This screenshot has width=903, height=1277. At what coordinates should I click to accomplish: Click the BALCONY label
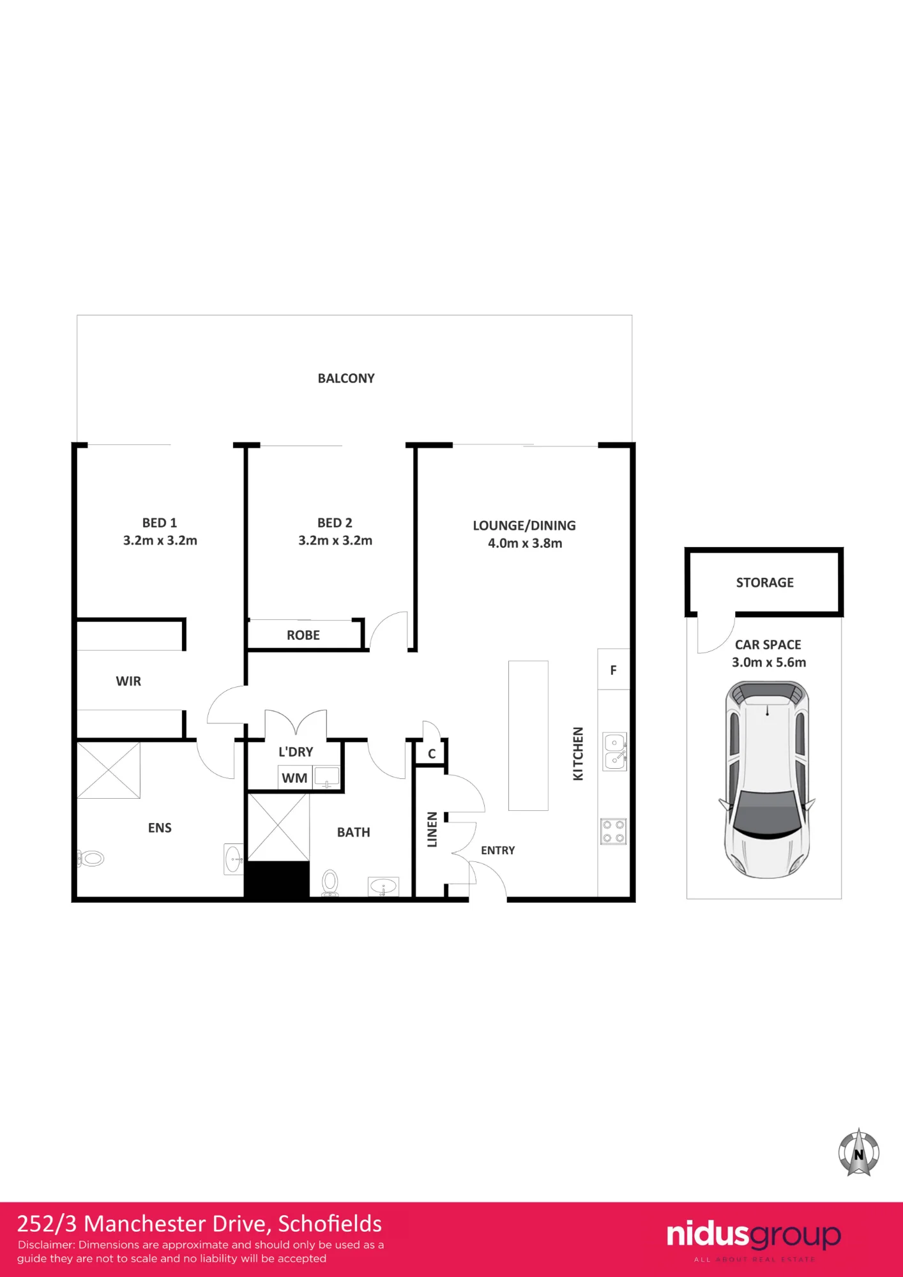tap(346, 379)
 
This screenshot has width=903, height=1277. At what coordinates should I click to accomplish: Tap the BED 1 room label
tap(160, 523)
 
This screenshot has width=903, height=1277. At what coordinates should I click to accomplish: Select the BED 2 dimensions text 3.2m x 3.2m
tap(335, 541)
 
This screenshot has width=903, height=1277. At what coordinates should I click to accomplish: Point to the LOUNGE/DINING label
tap(524, 525)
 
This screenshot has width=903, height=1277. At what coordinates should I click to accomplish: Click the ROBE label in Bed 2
tap(303, 635)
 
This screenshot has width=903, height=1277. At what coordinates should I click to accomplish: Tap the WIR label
tap(128, 681)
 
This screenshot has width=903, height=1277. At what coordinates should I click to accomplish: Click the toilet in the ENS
tap(91, 859)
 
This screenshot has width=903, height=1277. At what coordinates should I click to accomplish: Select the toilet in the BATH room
tap(330, 883)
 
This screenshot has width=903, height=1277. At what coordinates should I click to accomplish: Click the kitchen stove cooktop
tap(614, 831)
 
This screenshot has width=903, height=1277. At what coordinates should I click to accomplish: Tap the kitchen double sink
tap(615, 752)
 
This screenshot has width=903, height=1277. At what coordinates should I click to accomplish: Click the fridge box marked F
tap(614, 670)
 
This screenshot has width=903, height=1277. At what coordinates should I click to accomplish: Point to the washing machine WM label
tap(294, 778)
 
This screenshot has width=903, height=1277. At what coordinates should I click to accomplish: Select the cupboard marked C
tap(431, 753)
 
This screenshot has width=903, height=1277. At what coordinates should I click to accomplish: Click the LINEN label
tap(432, 829)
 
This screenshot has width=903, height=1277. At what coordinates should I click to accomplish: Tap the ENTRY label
tap(498, 850)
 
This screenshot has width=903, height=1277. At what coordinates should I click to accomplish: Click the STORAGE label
tap(765, 582)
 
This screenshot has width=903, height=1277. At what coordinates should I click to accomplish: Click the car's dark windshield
tap(767, 813)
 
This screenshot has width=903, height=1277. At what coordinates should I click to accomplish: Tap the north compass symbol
tap(859, 1152)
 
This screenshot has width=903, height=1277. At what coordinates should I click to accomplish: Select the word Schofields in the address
tap(330, 1224)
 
